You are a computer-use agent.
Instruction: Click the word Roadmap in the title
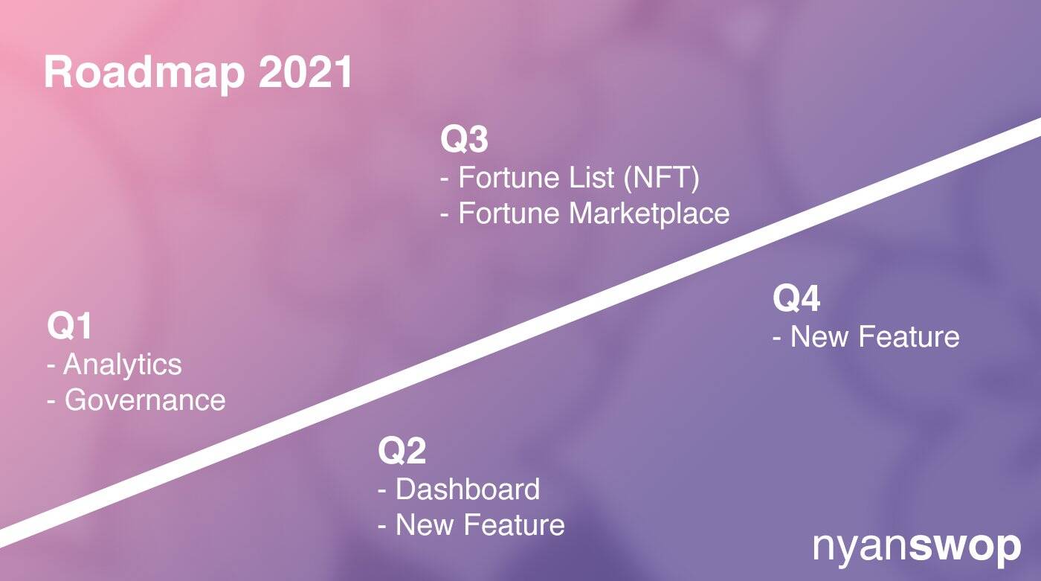[144, 74]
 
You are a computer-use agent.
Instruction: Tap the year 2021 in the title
[306, 72]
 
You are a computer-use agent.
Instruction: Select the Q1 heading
[69, 326]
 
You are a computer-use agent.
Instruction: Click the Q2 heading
[402, 450]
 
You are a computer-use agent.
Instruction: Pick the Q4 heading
[796, 298]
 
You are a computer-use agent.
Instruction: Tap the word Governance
[144, 399]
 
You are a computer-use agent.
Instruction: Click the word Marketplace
[649, 214]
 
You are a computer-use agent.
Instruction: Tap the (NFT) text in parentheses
[661, 178]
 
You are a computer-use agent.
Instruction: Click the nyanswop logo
[917, 548]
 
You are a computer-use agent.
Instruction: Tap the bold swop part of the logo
[965, 548]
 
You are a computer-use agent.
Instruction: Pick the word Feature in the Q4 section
[909, 336]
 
